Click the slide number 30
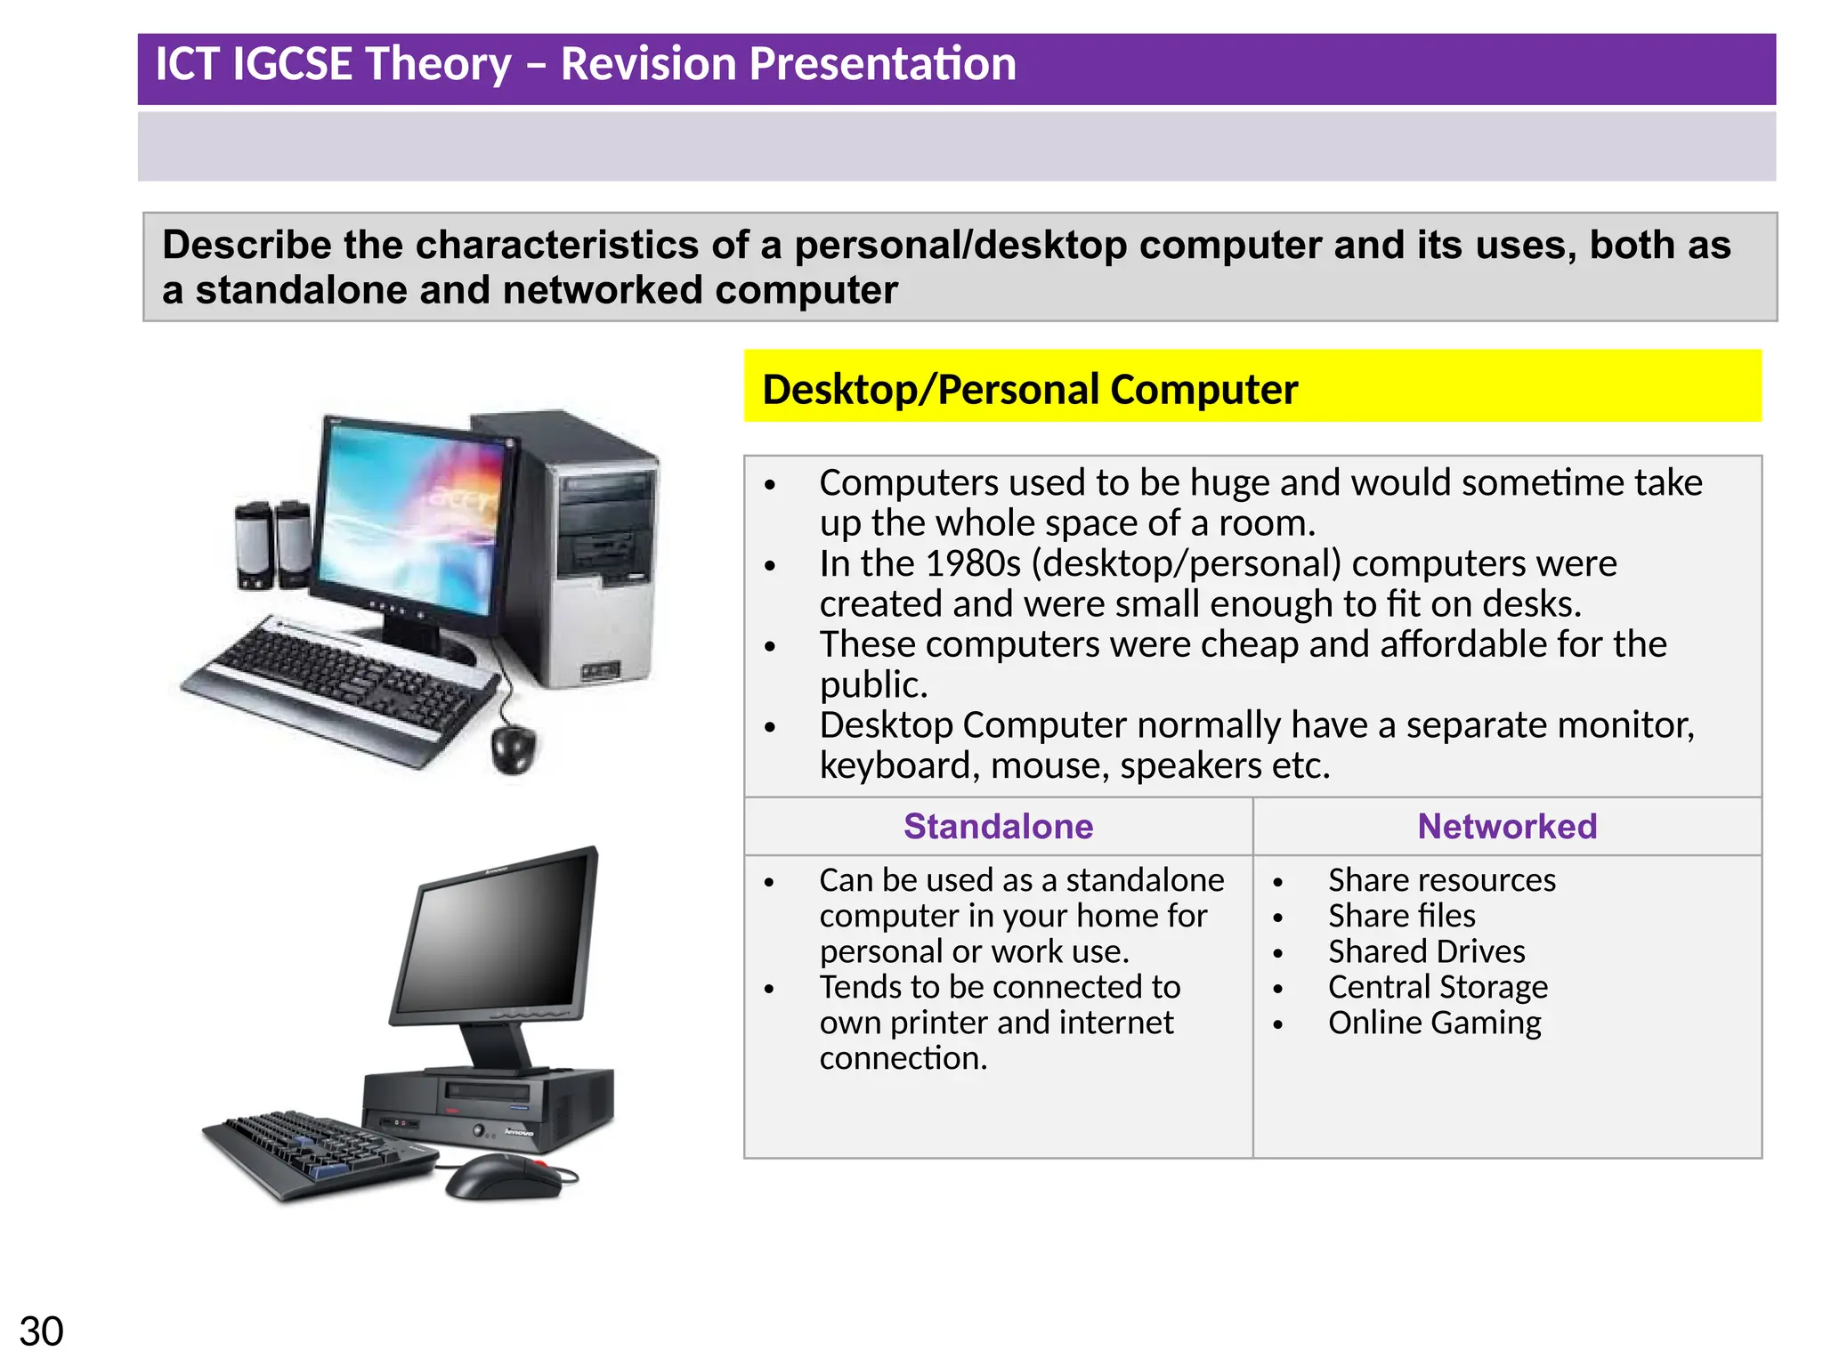tap(41, 1331)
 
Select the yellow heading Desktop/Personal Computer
tap(1030, 390)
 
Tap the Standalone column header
tap(998, 826)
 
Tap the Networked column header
tap(1507, 826)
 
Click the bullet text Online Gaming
tap(1434, 1023)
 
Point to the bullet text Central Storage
tap(1438, 987)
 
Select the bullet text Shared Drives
tap(1426, 951)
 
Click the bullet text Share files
tap(1401, 916)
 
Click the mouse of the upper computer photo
tap(514, 748)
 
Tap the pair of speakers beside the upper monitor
tap(272, 545)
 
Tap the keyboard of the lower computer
tap(316, 1153)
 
